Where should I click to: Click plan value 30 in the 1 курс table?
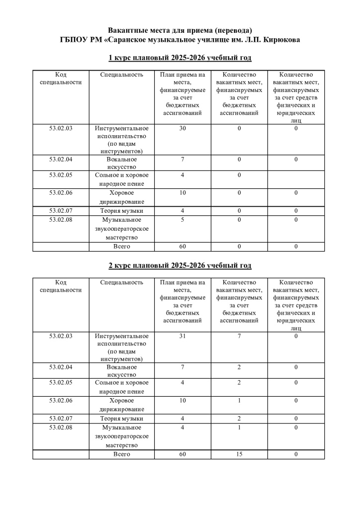[182, 128]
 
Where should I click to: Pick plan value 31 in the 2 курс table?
[182, 336]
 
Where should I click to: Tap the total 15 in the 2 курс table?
[239, 454]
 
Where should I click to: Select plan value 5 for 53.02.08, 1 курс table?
[182, 220]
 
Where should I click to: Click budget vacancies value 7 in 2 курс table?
[239, 336]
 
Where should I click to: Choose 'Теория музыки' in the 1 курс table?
[122, 211]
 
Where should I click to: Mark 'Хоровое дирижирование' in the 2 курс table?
[122, 405]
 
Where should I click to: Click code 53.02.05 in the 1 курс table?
[61, 175]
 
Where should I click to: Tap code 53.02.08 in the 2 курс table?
[61, 427]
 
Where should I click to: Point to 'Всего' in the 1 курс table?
[122, 247]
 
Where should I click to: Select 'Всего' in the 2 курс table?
[122, 454]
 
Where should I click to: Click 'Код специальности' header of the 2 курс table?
[61, 286]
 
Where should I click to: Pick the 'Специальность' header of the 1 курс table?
[122, 75]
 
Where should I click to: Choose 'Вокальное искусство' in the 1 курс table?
[122, 163]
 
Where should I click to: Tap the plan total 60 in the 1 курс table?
[182, 247]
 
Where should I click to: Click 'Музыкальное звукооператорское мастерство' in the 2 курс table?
[122, 436]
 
